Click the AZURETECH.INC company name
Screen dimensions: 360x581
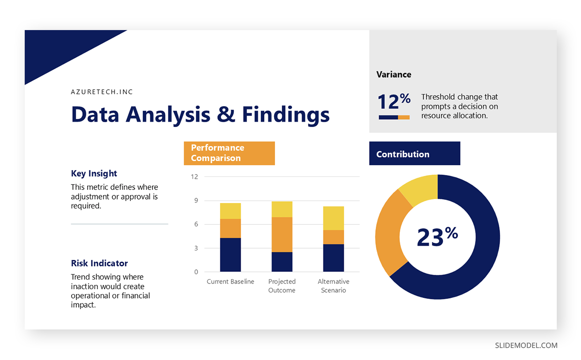[102, 92]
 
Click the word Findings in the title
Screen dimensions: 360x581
[286, 115]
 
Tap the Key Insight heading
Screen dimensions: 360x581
[94, 173]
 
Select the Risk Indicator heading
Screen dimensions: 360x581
[99, 264]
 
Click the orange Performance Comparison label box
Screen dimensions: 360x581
[229, 153]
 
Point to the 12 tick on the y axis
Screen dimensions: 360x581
[195, 177]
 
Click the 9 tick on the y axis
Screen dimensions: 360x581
[196, 201]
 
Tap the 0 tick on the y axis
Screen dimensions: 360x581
[196, 272]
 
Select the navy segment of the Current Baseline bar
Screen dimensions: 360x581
[230, 254]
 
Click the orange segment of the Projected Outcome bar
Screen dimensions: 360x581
[281, 235]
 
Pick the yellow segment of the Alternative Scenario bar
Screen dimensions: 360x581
[333, 218]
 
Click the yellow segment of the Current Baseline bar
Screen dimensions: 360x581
[230, 211]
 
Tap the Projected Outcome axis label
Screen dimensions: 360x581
[281, 286]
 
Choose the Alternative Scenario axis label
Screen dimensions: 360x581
[333, 286]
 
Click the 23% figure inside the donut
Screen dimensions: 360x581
[437, 237]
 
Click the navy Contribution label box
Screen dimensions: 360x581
[414, 154]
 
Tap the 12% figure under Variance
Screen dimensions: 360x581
[394, 102]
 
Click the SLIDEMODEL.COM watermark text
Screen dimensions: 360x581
[526, 345]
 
